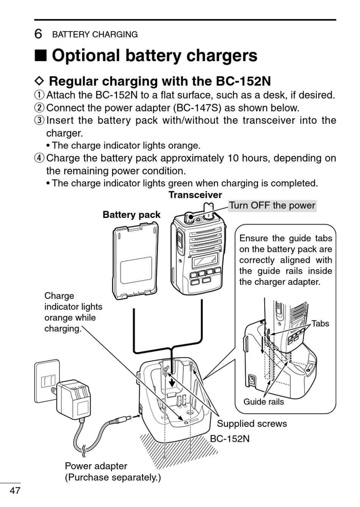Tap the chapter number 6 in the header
(x=38, y=34)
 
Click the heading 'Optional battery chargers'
(x=155, y=55)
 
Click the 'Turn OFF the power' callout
(x=272, y=206)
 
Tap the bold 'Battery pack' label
(x=131, y=214)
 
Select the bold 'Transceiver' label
(x=196, y=195)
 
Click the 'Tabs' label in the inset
(x=320, y=324)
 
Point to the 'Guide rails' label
(x=263, y=402)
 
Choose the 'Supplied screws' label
(x=252, y=424)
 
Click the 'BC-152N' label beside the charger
(x=230, y=439)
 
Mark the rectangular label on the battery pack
(x=136, y=270)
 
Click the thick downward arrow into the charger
(x=173, y=383)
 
